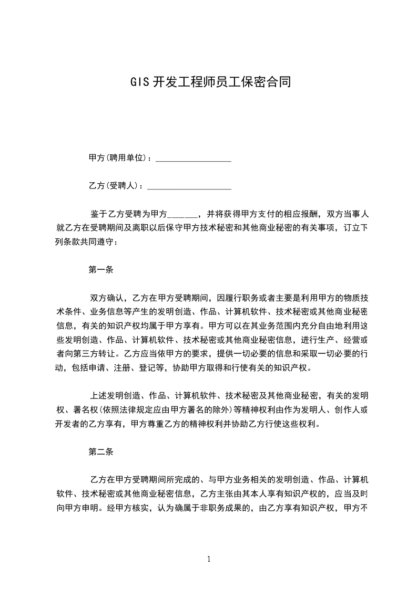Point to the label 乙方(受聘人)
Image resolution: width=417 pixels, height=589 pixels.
click(116, 186)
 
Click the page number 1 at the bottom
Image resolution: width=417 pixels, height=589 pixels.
click(209, 559)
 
